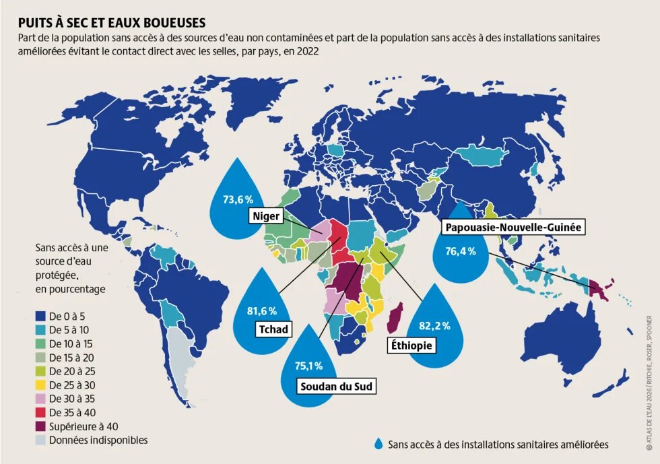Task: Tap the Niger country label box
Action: [x=266, y=216]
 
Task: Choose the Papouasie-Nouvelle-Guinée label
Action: [x=512, y=228]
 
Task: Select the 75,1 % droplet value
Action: [x=308, y=366]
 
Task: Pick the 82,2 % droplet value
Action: [x=434, y=325]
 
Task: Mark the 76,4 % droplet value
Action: [x=461, y=251]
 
